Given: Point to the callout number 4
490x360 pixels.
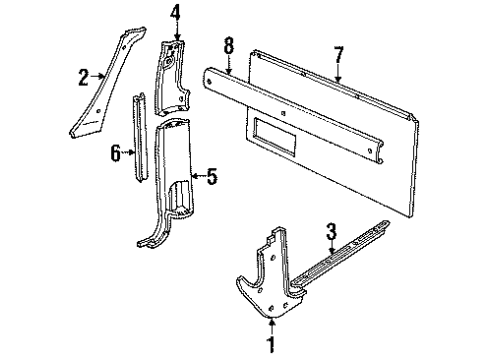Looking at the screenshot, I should coord(175,14).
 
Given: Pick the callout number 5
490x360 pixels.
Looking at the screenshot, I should coord(211,177).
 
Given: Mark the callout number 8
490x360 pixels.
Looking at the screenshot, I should coord(229,44).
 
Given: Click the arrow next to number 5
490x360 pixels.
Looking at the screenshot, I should coord(198,177).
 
